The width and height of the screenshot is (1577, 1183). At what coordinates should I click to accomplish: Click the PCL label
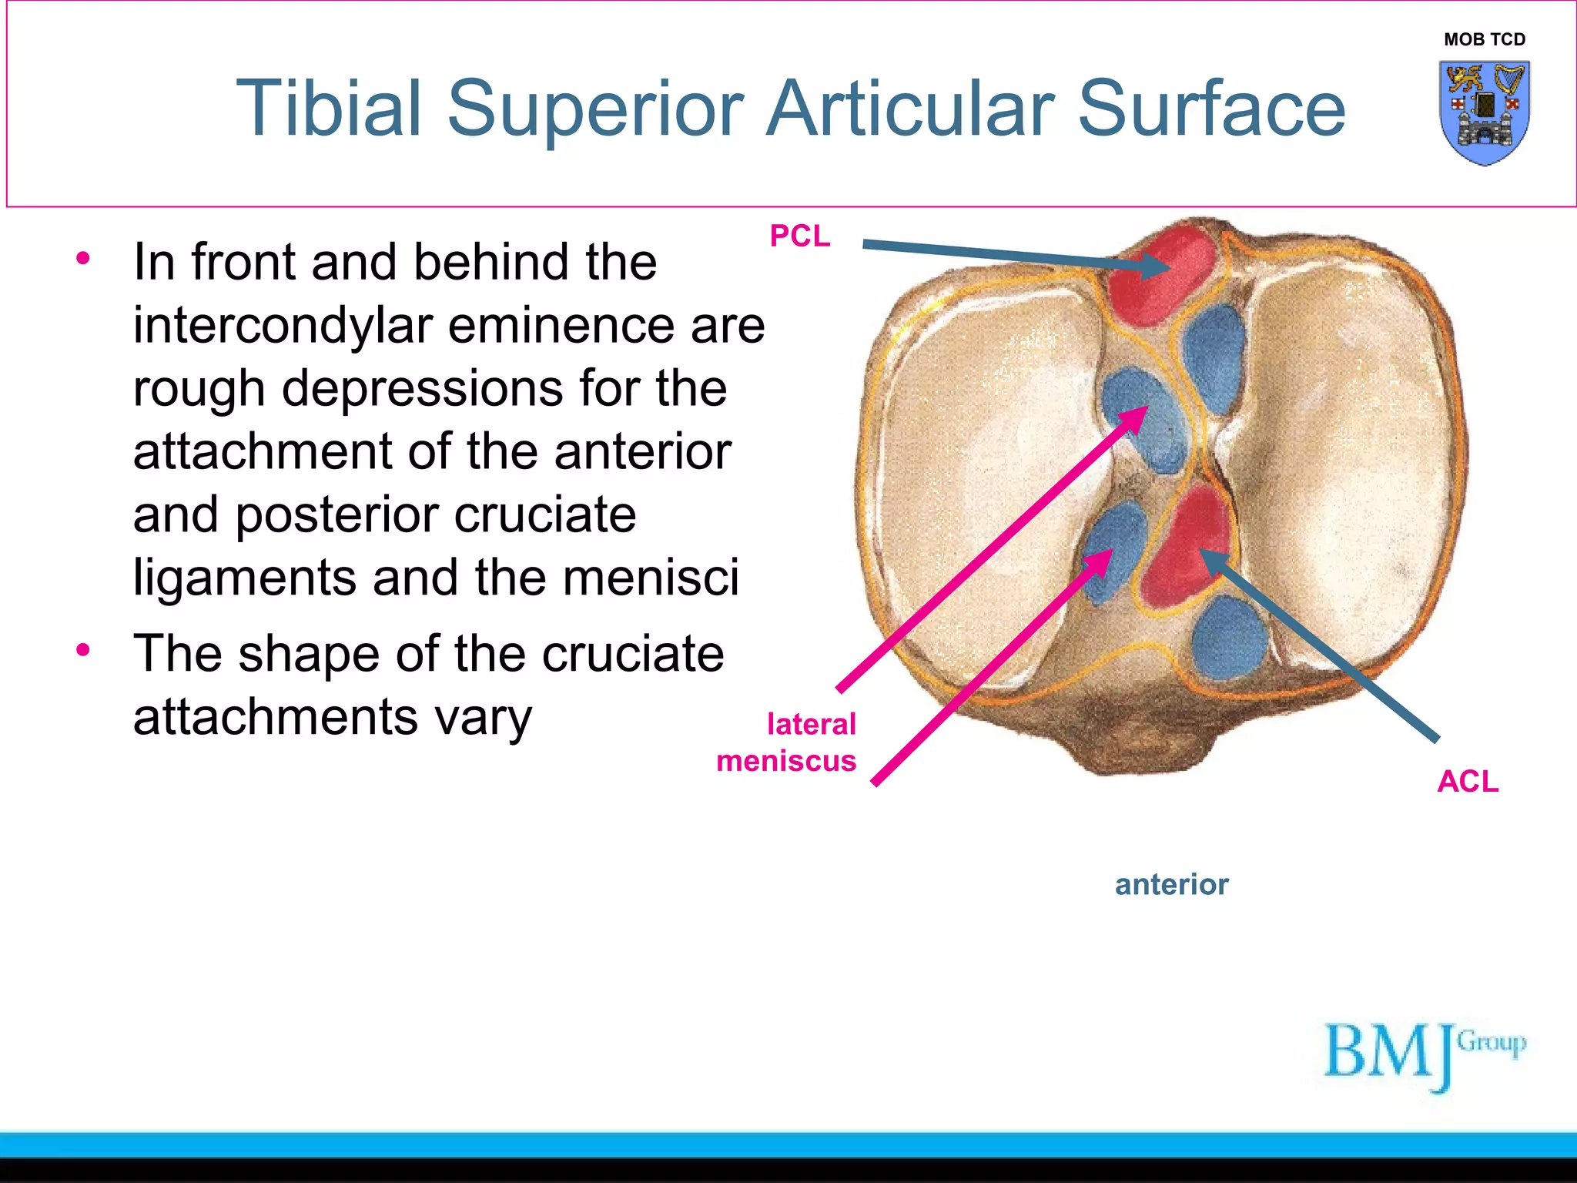pyautogui.click(x=800, y=236)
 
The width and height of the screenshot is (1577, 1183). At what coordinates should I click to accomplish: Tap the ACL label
pyautogui.click(x=1468, y=781)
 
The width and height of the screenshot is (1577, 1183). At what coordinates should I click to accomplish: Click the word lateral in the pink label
pyautogui.click(x=811, y=724)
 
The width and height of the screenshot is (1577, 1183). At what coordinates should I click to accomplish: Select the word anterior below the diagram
pyautogui.click(x=1171, y=884)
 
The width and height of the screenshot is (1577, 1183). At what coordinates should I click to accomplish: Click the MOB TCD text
pyautogui.click(x=1484, y=39)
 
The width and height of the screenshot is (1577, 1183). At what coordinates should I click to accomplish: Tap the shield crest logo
pyautogui.click(x=1484, y=112)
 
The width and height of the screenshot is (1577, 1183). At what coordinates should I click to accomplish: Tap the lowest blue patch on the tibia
pyautogui.click(x=1230, y=639)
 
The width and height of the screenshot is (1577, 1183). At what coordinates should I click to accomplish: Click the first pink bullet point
pyautogui.click(x=83, y=258)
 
